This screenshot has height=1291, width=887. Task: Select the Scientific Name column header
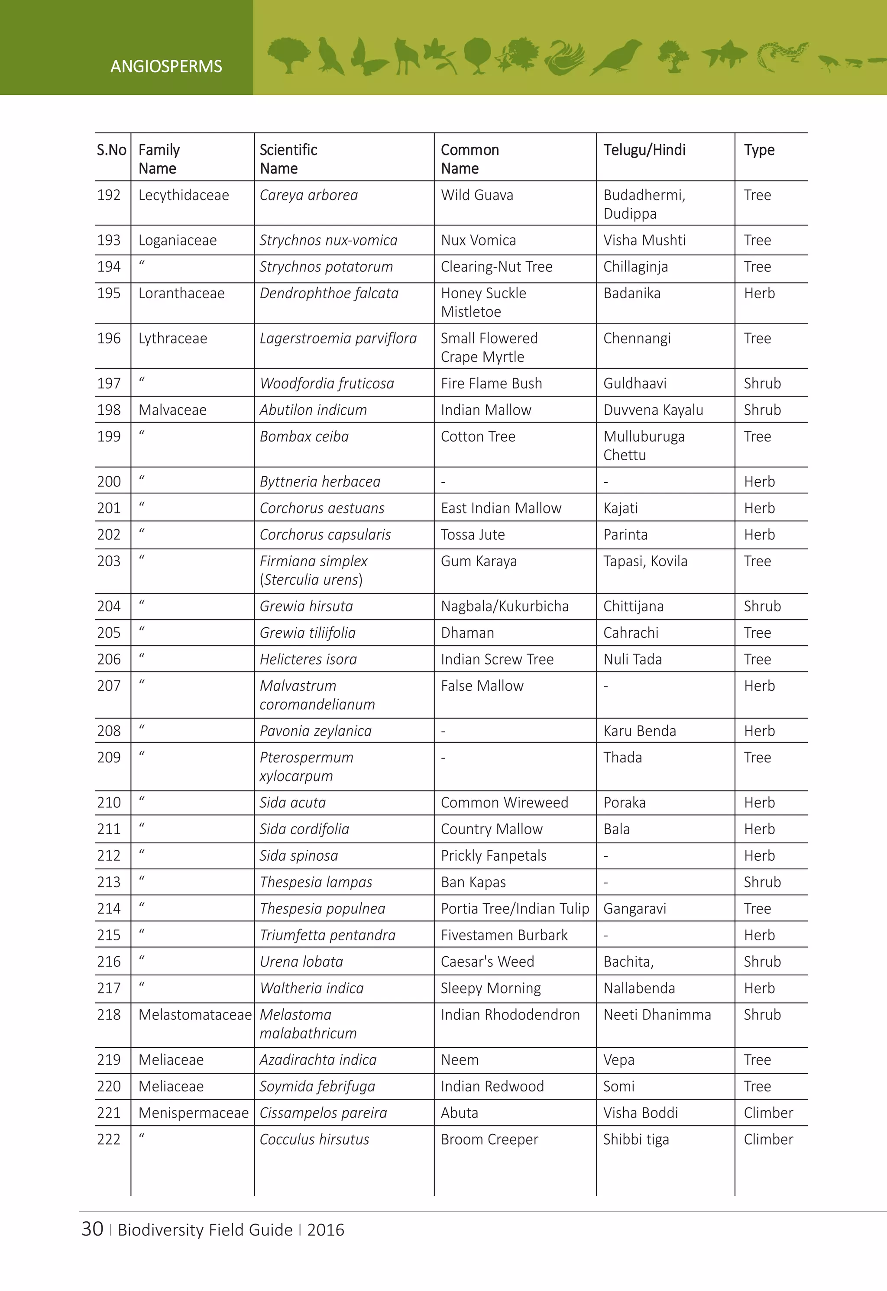(288, 159)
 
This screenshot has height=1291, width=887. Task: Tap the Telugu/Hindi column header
(644, 150)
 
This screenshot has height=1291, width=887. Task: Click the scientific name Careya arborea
(308, 195)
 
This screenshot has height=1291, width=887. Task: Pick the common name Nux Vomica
(478, 240)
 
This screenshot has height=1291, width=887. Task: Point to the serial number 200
(109, 481)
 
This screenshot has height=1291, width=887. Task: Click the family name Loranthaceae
(181, 293)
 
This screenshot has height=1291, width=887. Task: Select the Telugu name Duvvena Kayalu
(653, 410)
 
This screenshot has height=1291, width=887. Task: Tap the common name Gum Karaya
(479, 561)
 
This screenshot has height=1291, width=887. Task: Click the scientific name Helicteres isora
(308, 659)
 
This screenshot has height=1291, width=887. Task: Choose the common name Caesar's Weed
(487, 962)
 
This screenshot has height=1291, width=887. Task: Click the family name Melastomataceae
(194, 1015)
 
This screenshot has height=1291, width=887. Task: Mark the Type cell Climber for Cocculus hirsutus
(768, 1139)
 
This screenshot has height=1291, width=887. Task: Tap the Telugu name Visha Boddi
(640, 1113)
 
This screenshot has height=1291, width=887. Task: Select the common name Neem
(460, 1060)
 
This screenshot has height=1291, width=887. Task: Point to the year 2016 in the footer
(326, 1230)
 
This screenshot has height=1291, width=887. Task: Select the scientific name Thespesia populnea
(322, 909)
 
